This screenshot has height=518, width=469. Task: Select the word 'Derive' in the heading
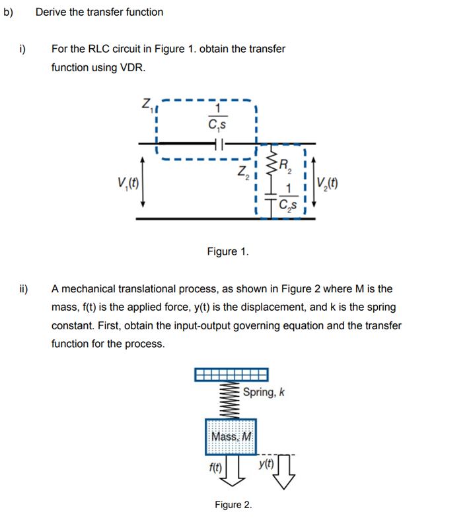tap(50, 12)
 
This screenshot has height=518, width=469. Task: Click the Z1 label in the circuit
tap(146, 104)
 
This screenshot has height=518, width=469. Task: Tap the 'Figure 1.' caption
tap(228, 251)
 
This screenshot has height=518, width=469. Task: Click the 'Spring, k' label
tap(264, 392)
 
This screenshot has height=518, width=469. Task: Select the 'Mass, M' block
tap(231, 436)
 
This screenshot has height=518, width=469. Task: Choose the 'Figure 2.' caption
tap(233, 505)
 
